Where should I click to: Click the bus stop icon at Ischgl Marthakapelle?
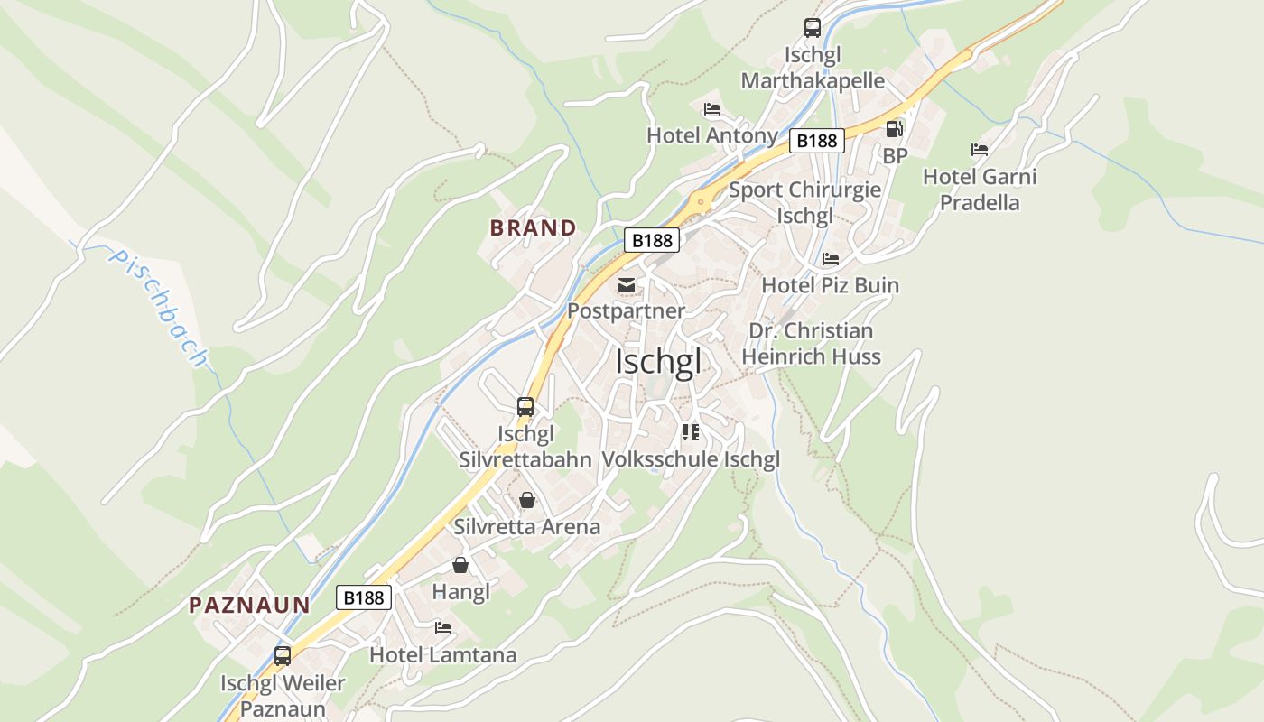tap(813, 28)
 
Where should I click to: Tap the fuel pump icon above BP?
tap(894, 129)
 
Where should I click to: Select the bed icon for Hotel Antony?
tap(712, 109)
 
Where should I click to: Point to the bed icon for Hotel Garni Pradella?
tap(980, 149)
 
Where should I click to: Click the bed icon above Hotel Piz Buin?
tap(831, 259)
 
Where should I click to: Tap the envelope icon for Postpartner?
tap(626, 285)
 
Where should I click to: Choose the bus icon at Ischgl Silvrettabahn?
tap(525, 407)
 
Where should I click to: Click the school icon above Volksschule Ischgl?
tap(691, 432)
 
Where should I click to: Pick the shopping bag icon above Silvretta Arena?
tap(527, 500)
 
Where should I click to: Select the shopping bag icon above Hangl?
tap(460, 566)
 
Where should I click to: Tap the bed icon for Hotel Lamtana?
tap(442, 628)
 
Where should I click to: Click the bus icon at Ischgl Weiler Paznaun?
tap(283, 656)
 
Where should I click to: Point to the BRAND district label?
tap(533, 228)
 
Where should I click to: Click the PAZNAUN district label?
tap(249, 606)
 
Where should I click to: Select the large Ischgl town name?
tap(658, 361)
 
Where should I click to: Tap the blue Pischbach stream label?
tap(159, 308)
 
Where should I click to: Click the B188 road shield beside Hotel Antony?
tap(817, 141)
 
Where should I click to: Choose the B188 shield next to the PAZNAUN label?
tap(365, 597)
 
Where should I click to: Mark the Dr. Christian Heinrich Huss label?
tap(811, 344)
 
